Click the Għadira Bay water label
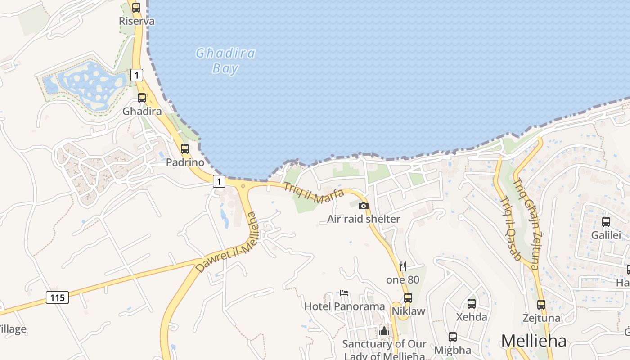[x=225, y=61]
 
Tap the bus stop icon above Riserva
[x=136, y=8]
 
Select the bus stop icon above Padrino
[x=185, y=149]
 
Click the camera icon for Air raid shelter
[x=363, y=206]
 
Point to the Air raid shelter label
[x=363, y=219]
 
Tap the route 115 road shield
[x=57, y=297]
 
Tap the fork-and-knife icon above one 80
[x=403, y=266]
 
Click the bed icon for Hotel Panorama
[x=344, y=293]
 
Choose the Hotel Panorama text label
[x=345, y=306]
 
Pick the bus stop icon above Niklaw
[x=408, y=298]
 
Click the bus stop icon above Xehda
[x=472, y=304]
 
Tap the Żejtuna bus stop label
[x=541, y=318]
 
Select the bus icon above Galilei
[x=606, y=221]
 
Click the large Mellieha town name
[x=534, y=341]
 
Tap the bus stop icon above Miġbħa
[x=453, y=337]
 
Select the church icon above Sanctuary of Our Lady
[x=384, y=331]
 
